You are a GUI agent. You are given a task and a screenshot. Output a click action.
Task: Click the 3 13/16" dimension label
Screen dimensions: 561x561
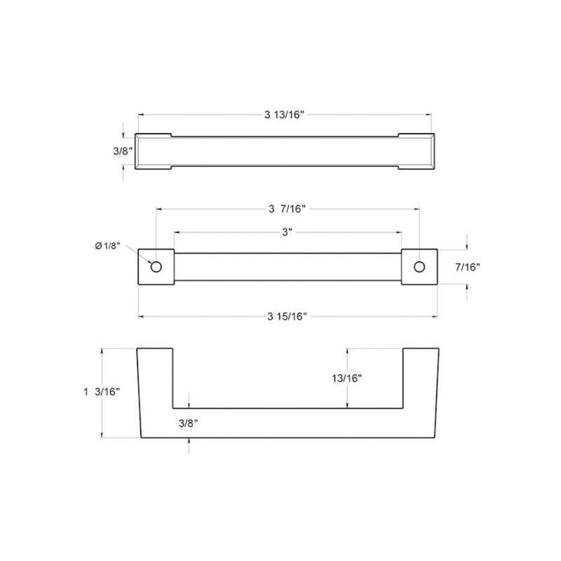coord(285,116)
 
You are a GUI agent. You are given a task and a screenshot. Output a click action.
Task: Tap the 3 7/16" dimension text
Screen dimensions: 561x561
coord(288,209)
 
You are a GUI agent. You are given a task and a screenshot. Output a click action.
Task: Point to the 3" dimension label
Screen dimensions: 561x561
coord(288,233)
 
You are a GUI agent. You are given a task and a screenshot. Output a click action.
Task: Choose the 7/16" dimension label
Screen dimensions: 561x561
coord(467,266)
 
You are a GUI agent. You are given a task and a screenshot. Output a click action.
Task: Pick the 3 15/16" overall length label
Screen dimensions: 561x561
coord(288,317)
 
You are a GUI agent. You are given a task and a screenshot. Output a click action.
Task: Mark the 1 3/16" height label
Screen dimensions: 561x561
coord(102,392)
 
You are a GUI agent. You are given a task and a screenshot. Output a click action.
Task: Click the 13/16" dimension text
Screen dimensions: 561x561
coord(347,378)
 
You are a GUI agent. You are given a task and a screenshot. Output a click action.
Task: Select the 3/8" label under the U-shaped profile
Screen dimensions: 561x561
coord(189,424)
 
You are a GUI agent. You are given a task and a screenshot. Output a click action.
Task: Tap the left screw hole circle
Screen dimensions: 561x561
coord(156,266)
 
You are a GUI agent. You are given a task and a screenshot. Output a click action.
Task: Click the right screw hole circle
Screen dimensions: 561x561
coord(419,266)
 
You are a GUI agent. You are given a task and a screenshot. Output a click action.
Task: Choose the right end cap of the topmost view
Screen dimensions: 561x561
coord(417,150)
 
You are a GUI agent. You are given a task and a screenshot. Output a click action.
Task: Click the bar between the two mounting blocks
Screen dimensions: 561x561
coord(288,266)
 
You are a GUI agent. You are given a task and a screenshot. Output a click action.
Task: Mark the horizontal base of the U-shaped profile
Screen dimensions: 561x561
coord(288,423)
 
